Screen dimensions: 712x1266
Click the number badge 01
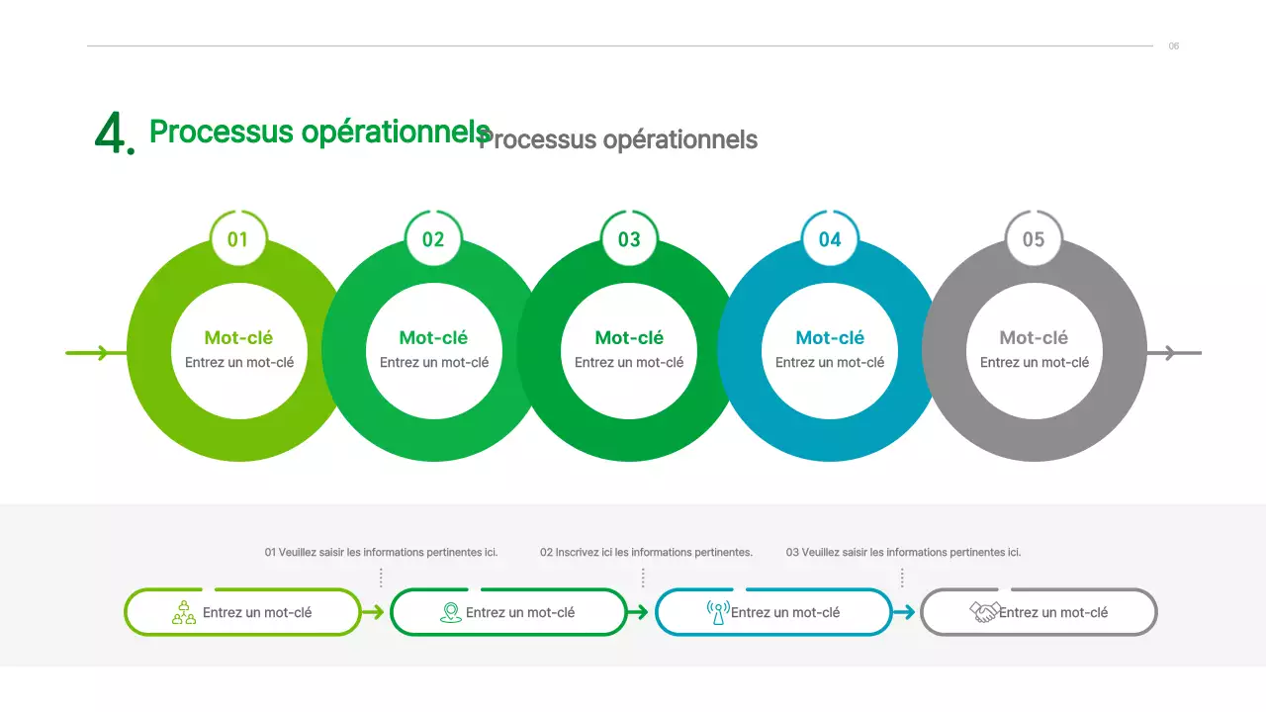[x=238, y=239]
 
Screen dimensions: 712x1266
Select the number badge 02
[x=433, y=239]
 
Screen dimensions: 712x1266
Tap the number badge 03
[x=629, y=239]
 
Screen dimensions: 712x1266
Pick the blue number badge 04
[x=830, y=239]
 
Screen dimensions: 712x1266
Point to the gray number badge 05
[x=1034, y=239]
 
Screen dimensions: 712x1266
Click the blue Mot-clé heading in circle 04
[x=830, y=338]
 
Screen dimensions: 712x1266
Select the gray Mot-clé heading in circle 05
[x=1034, y=338]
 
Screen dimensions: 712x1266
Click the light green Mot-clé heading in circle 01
[x=238, y=338]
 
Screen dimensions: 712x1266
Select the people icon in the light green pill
[x=184, y=612]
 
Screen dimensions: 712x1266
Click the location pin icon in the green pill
[x=451, y=612]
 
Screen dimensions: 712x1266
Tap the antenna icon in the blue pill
[x=718, y=612]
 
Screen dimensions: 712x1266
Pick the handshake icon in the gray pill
[x=984, y=612]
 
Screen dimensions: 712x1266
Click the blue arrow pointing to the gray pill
[x=904, y=612]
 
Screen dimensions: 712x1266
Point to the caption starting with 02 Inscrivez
[x=646, y=552]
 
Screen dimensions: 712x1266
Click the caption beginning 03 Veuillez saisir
[x=903, y=552]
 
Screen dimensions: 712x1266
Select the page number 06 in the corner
[x=1174, y=46]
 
